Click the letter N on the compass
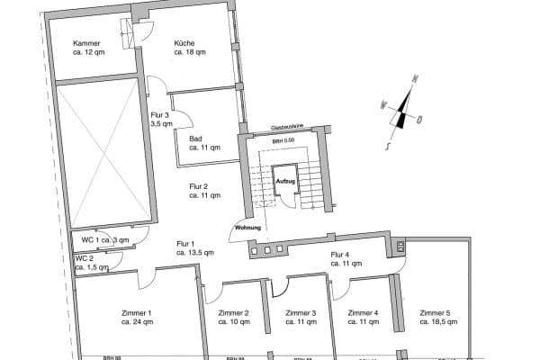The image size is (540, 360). click(414, 79)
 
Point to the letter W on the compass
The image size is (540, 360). click(382, 103)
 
